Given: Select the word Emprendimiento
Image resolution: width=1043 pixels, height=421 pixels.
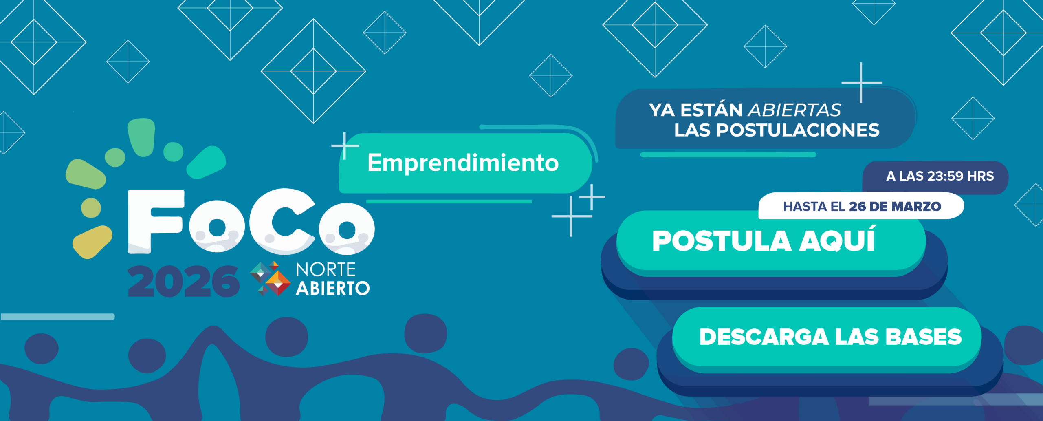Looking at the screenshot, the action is (463, 163).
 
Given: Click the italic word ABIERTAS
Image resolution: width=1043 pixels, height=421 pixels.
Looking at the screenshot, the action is (794, 110).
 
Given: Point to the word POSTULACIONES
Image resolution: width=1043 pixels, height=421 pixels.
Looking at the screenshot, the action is (798, 130).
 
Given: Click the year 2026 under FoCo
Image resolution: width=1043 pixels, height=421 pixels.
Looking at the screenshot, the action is (183, 281).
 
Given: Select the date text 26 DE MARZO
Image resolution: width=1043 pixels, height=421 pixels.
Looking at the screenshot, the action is (895, 207).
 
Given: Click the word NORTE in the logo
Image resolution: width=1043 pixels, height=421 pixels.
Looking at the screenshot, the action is (326, 269).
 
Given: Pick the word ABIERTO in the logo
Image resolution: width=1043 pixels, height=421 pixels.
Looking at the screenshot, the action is (333, 289).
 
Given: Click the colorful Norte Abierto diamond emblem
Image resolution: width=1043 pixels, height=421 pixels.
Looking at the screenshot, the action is (270, 278).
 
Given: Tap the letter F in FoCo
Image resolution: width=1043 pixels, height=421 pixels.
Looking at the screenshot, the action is (156, 221).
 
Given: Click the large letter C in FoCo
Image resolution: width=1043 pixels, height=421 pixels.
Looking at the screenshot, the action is (282, 221).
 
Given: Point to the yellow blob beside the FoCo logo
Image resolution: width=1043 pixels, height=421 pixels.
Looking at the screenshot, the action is (92, 242).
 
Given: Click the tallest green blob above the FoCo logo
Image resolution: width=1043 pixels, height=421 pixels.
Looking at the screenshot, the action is (141, 137).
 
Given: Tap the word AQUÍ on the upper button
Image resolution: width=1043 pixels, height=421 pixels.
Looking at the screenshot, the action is (837, 240).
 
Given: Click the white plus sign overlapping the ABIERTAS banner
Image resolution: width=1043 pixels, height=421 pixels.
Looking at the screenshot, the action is (861, 83).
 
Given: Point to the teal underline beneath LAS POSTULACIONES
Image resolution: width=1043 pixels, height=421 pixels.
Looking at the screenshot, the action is (728, 155).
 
